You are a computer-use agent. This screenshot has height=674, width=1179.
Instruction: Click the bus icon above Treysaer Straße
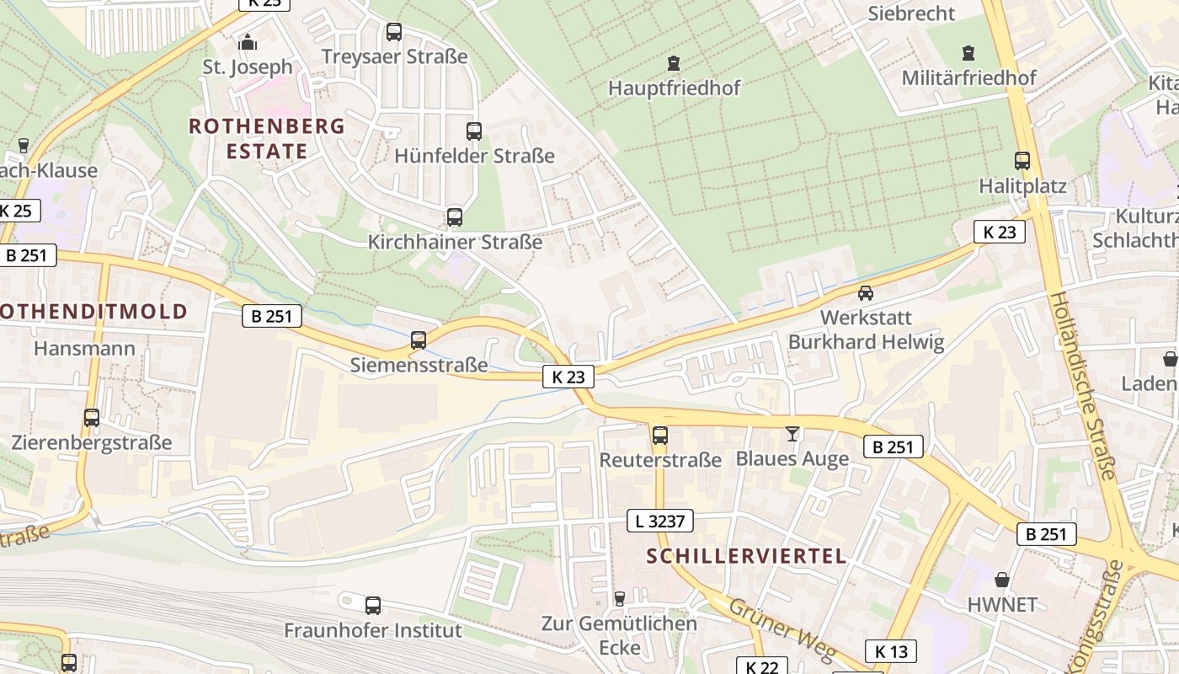click(393, 32)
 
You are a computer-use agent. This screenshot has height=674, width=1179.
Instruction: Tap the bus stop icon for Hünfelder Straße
click(474, 131)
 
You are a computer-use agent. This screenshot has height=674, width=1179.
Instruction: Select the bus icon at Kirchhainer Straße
click(455, 217)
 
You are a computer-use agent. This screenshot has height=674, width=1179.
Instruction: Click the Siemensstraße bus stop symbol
click(419, 340)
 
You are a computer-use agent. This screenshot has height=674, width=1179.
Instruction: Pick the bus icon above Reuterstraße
click(660, 436)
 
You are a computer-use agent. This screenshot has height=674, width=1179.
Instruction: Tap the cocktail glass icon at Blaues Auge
click(792, 434)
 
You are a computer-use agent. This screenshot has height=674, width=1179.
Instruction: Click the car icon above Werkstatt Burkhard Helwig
click(865, 293)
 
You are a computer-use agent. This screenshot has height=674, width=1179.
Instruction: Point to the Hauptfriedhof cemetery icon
click(674, 63)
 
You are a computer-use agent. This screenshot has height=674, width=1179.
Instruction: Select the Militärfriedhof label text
click(968, 78)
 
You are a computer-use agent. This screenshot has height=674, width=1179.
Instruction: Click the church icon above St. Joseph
click(248, 41)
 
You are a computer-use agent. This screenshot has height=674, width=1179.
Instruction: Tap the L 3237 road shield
click(660, 522)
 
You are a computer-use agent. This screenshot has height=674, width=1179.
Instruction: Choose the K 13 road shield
click(891, 651)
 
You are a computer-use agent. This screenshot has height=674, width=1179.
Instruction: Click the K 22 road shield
click(761, 666)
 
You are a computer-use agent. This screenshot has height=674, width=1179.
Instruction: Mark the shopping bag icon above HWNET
click(1002, 580)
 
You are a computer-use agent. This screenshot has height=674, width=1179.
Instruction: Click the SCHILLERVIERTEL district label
click(747, 556)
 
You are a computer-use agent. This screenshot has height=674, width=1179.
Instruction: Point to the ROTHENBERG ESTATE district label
click(267, 139)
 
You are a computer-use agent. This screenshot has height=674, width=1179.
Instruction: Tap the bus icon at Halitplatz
click(1022, 161)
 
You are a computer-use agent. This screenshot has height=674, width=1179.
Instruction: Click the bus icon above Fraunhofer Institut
click(373, 605)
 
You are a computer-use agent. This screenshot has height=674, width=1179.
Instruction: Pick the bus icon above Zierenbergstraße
click(92, 418)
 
